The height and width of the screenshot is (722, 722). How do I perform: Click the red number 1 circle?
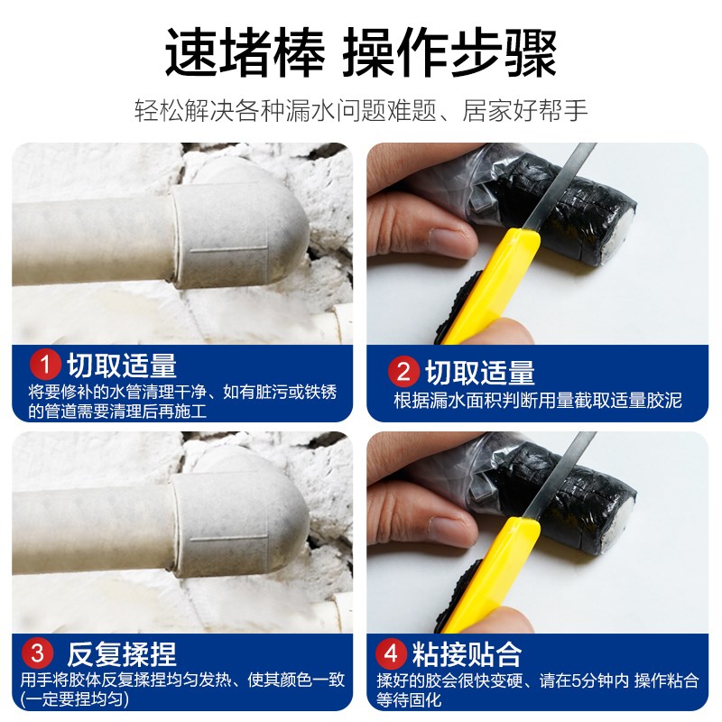coord(45,366)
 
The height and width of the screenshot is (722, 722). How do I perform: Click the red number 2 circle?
coord(403,372)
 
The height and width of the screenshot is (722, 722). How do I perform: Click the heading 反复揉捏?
coord(122,653)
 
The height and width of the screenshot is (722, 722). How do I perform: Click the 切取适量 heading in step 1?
coord(122,366)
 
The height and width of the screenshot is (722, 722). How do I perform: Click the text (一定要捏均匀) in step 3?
coord(81,699)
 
